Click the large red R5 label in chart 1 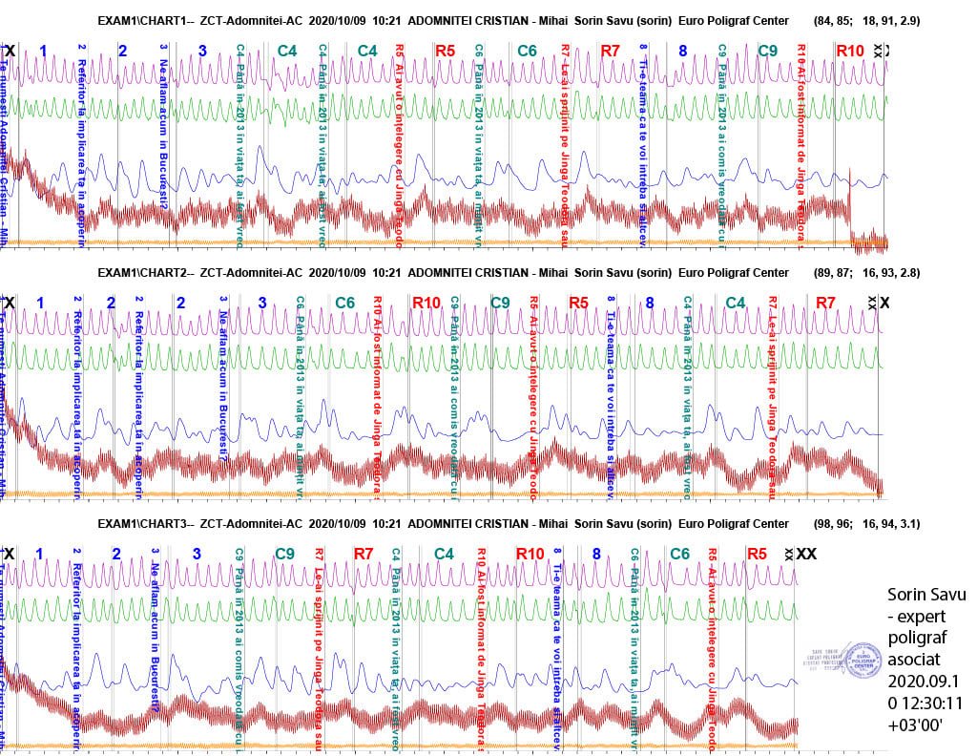point(445,51)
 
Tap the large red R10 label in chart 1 point(849,51)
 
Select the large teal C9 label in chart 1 point(768,51)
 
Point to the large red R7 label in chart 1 point(612,51)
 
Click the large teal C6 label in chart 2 point(344,304)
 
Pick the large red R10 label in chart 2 point(426,304)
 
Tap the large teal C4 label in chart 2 point(734,304)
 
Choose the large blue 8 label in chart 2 point(649,304)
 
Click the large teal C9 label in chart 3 point(284,554)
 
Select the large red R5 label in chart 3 point(757,554)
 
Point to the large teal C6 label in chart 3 point(679,554)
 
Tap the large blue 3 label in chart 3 point(197,554)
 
